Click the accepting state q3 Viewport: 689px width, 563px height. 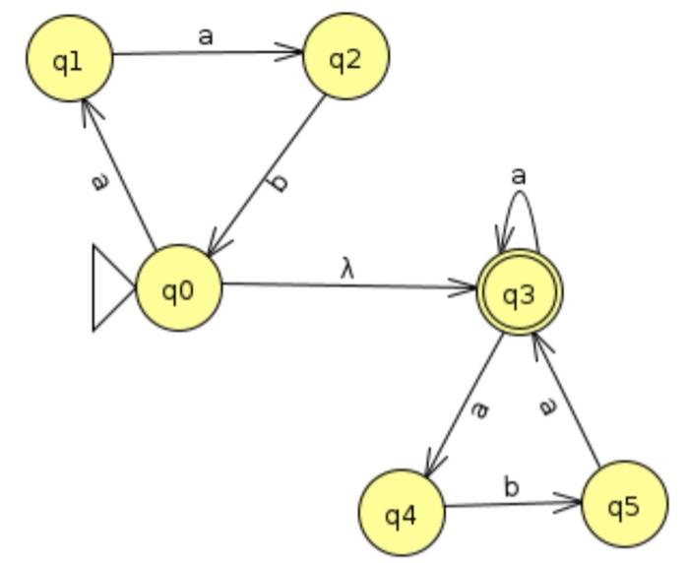point(518,293)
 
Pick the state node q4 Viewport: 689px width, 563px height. point(401,513)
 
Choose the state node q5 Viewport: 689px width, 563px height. point(624,505)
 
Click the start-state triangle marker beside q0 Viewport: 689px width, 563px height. point(111,288)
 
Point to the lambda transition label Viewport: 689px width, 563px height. point(346,268)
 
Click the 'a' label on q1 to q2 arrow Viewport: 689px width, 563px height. point(205,36)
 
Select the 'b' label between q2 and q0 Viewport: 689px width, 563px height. point(280,181)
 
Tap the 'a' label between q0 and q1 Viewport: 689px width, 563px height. point(98,182)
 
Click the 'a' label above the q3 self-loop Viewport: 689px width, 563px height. point(518,175)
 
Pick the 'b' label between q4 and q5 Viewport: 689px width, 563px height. point(511,486)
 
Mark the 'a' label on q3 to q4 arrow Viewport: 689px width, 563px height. point(479,407)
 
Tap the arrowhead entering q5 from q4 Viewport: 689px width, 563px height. point(572,506)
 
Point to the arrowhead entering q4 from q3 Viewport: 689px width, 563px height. point(432,466)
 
